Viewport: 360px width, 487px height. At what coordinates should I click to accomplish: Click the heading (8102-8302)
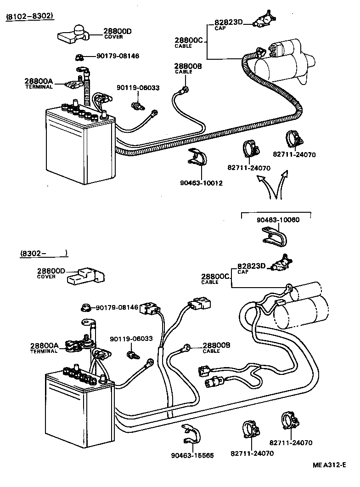pos(30,17)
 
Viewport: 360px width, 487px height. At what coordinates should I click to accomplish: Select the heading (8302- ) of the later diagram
pos(44,253)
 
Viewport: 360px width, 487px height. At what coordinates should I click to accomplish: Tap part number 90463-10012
pos(201,183)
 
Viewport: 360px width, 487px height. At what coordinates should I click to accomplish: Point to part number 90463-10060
pos(278,220)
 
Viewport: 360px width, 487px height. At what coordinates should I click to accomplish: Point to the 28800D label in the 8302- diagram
pos(51,271)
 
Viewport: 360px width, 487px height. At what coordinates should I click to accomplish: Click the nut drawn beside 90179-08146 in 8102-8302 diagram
pos(79,57)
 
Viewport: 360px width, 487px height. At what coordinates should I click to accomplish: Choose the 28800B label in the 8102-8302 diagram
pos(188,67)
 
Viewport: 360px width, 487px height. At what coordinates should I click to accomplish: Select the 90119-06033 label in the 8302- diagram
pos(131,339)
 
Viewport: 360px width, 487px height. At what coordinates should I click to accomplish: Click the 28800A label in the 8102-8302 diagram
pos(39,82)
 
